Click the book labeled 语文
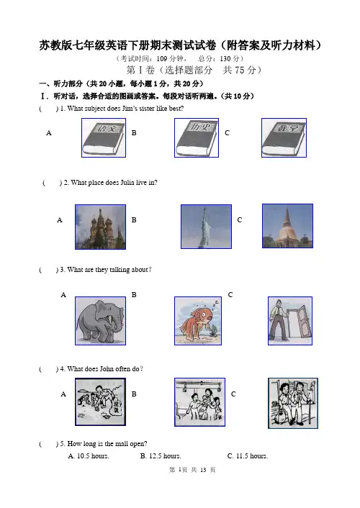[104, 137]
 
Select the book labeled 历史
[197, 137]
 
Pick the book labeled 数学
[284, 137]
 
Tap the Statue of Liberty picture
[206, 227]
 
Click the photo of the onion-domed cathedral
[100, 227]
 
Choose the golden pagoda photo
[288, 226]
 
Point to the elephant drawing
[100, 321]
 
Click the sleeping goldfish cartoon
[198, 321]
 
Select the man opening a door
[290, 321]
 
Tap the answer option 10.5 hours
[89, 456]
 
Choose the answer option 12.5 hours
[161, 456]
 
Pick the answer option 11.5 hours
[248, 456]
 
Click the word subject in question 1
[95, 109]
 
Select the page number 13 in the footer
[203, 470]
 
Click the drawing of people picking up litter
[100, 402]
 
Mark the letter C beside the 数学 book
[227, 133]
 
